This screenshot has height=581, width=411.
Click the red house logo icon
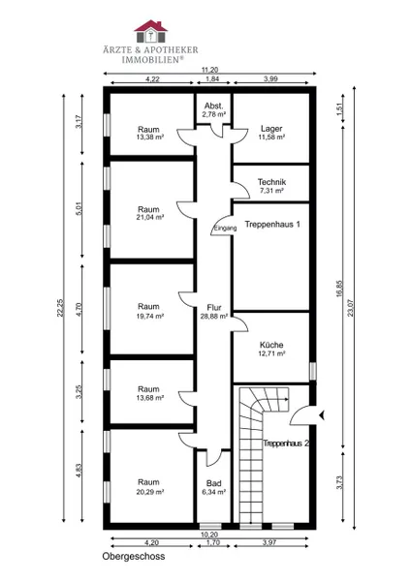coord(150,32)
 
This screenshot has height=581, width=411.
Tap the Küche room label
coord(271,345)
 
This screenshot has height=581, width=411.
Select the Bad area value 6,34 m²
coord(214,492)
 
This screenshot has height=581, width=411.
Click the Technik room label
coord(271,182)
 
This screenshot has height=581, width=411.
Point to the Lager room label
coord(271,129)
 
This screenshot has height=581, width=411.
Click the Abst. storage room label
coord(214,107)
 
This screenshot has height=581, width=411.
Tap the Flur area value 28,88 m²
coord(214,316)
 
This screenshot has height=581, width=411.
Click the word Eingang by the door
coord(225,229)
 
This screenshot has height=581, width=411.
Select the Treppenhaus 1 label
coord(272,225)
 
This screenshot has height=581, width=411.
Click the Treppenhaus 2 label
coord(286,443)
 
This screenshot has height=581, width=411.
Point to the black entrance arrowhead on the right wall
coord(322,415)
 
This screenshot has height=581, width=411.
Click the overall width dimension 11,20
coord(210,70)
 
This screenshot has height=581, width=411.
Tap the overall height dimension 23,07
coord(350,308)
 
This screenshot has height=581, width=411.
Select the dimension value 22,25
coord(60,308)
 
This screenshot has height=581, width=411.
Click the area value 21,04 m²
coord(150,218)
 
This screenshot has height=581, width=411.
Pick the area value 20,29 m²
coord(150,492)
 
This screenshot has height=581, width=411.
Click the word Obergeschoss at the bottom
coord(134,556)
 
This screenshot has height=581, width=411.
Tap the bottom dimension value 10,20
coord(210,535)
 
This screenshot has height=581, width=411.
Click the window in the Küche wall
coord(313,371)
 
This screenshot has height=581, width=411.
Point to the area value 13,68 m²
coord(150,398)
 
